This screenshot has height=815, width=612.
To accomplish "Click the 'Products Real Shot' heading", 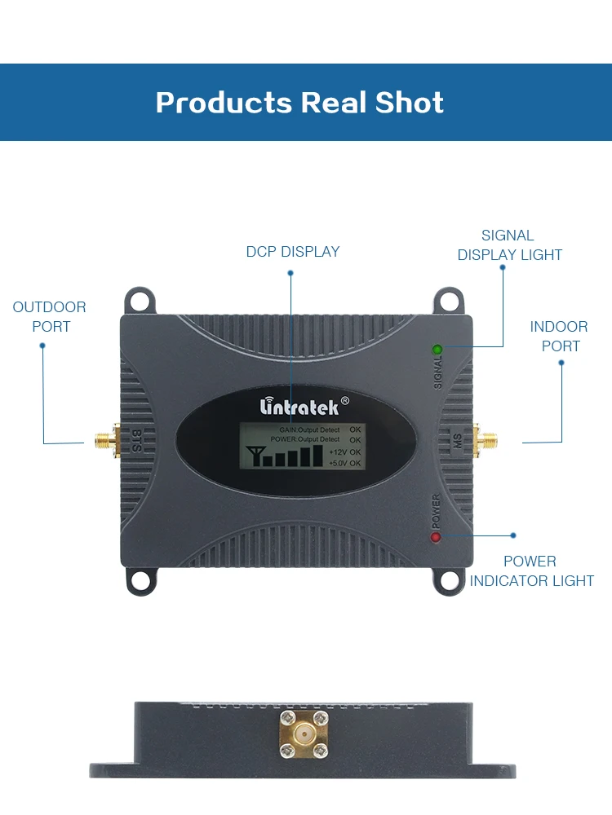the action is [x=299, y=103].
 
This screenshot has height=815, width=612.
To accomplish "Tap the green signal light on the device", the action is [x=437, y=350].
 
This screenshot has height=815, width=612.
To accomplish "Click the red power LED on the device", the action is [x=436, y=537].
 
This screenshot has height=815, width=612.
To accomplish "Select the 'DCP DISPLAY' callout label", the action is [x=292, y=252].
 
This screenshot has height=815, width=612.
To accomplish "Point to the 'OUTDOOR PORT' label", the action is [x=50, y=317].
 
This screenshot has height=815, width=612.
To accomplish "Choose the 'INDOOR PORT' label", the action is [x=560, y=337].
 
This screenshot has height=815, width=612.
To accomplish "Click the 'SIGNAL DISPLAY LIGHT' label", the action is [x=509, y=245].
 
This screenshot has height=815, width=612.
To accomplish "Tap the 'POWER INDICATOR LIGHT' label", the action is [x=531, y=571].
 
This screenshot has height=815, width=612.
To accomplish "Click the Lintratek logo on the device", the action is [x=298, y=405].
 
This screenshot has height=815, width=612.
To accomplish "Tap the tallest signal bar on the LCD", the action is [x=317, y=453].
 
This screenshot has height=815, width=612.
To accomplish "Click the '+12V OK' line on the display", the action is [x=344, y=452].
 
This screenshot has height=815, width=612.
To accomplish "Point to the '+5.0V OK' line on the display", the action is [x=344, y=463].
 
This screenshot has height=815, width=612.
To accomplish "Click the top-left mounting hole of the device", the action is [x=141, y=301].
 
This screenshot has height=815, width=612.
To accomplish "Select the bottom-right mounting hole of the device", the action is [x=449, y=580].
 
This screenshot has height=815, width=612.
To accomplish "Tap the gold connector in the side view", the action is [x=304, y=736].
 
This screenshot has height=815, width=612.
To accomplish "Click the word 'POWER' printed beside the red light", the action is [x=436, y=511].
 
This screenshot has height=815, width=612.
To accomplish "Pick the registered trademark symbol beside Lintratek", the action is [x=344, y=400].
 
